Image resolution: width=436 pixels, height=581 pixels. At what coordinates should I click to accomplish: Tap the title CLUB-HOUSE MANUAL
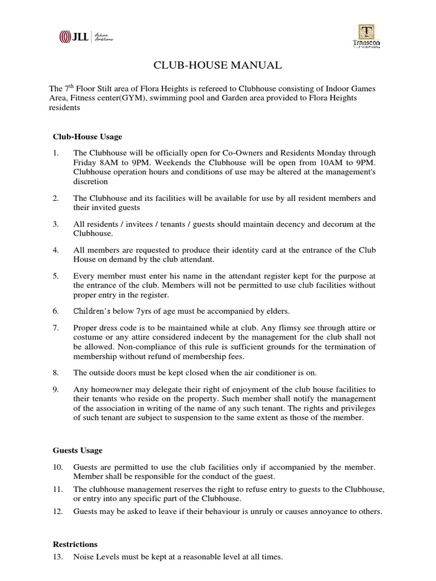(x=217, y=66)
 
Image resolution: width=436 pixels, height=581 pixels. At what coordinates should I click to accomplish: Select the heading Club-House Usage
(x=87, y=137)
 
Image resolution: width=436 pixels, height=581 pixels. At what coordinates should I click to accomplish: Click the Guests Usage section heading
(x=78, y=450)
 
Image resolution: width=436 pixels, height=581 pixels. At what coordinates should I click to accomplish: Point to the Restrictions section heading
(x=75, y=544)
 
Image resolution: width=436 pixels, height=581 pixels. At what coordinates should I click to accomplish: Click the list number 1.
(x=56, y=154)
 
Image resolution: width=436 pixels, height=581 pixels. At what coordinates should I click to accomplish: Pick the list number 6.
(x=56, y=311)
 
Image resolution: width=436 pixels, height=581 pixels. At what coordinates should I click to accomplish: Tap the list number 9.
(x=56, y=389)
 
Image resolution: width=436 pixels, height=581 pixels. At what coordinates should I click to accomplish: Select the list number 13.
(x=57, y=557)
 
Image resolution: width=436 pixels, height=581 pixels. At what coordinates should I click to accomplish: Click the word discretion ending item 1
(x=90, y=182)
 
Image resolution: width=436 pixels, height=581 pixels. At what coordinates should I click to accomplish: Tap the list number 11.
(x=57, y=489)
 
